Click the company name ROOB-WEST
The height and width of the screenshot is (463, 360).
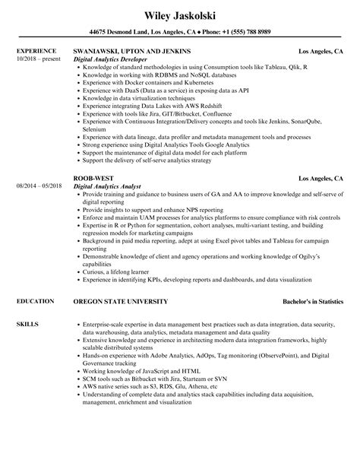pos(89,179)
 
